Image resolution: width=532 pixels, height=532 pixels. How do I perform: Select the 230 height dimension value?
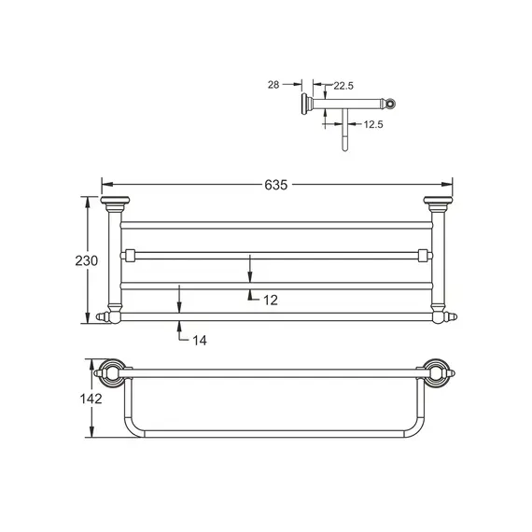86,261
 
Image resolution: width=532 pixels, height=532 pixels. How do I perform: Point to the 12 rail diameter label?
271,299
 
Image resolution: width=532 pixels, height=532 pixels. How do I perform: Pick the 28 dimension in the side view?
273,85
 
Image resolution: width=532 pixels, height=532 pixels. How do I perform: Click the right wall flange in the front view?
436,203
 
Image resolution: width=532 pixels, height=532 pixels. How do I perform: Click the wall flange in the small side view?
306,102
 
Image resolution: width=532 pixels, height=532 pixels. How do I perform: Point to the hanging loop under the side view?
343,135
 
